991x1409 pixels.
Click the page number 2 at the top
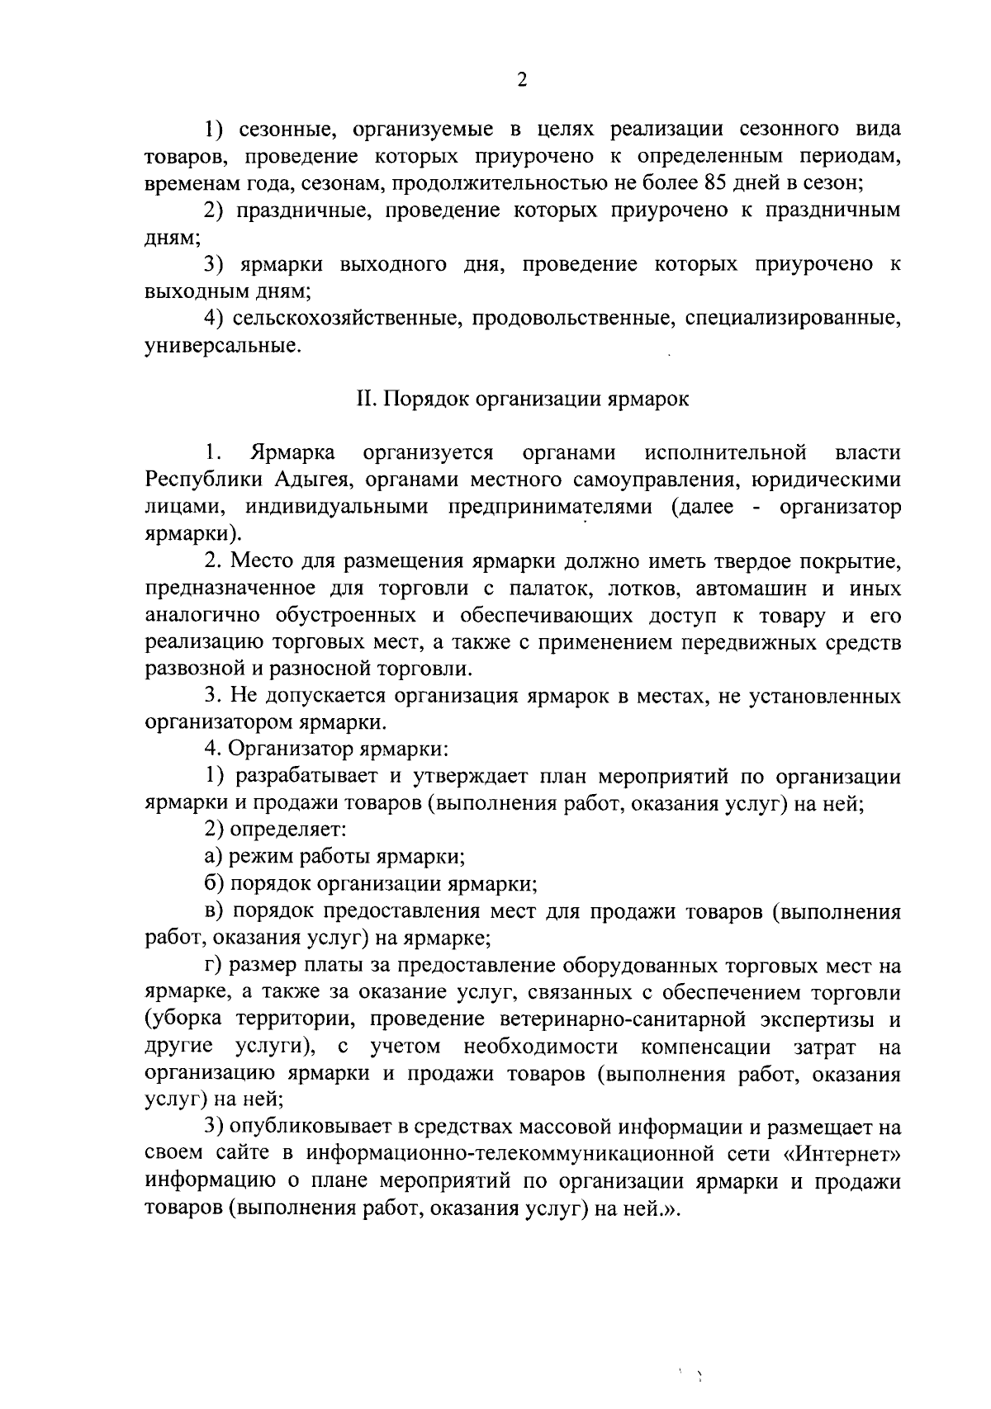point(521,79)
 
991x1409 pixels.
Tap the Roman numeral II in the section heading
point(366,400)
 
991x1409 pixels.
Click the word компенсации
point(705,1047)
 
